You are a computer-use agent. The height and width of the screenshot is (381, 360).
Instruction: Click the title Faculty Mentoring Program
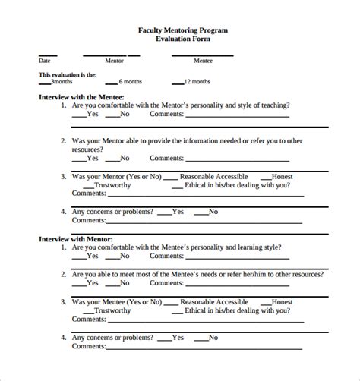coord(182,30)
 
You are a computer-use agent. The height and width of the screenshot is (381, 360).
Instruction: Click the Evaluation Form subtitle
coord(182,38)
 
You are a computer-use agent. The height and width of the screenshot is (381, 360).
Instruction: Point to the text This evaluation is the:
coord(68,74)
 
